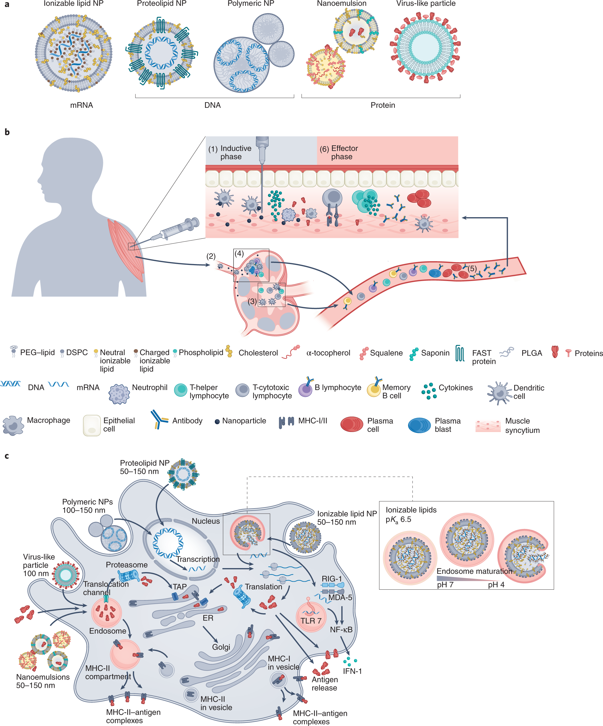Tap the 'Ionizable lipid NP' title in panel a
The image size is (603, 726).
click(x=74, y=4)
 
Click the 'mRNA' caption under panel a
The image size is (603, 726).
click(x=82, y=105)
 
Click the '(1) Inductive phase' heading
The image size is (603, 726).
click(x=230, y=152)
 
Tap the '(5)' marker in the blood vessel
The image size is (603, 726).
click(x=472, y=269)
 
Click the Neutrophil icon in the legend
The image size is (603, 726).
click(x=119, y=394)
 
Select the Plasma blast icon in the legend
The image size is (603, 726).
click(x=419, y=425)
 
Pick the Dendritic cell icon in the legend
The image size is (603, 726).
click(x=499, y=393)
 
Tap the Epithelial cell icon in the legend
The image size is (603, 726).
click(x=91, y=425)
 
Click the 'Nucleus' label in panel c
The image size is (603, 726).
click(x=206, y=521)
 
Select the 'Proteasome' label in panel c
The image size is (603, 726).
click(x=127, y=565)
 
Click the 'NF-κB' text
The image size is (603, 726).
click(x=341, y=630)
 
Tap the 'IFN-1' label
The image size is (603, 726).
click(x=352, y=671)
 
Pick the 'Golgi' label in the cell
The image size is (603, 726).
click(x=221, y=647)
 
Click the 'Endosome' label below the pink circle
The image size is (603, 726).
click(x=108, y=631)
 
